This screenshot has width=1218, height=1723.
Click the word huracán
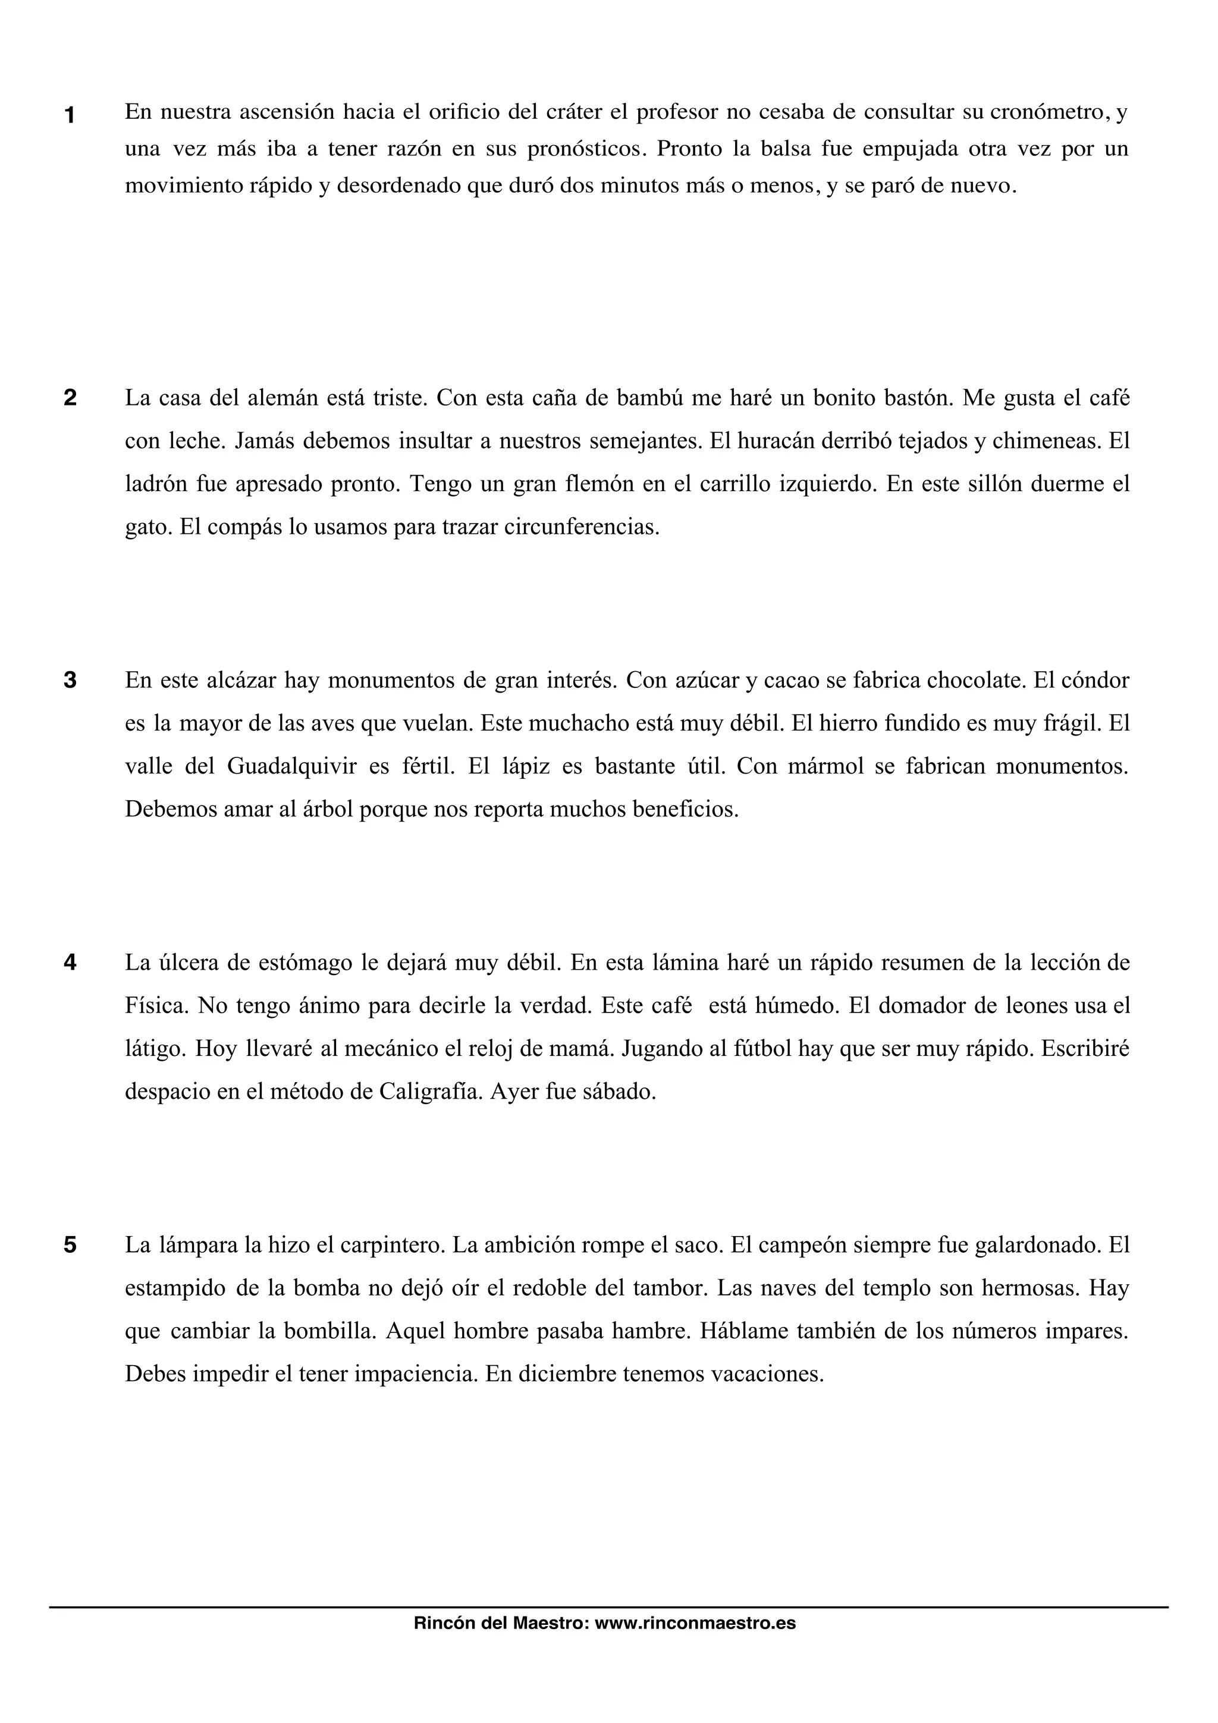pos(774,441)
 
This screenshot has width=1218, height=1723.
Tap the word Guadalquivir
pos(292,767)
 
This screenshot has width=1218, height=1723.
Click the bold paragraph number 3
pos(70,681)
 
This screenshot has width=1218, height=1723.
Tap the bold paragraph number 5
pos(70,1246)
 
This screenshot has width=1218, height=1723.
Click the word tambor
pos(670,1289)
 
